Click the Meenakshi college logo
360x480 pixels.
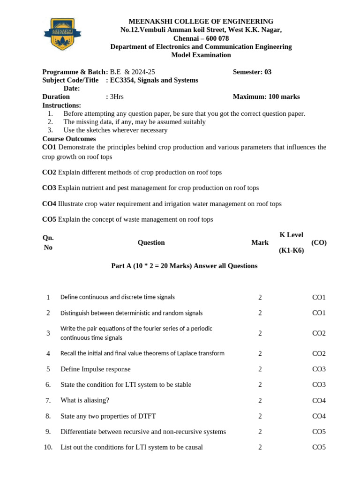click(62, 34)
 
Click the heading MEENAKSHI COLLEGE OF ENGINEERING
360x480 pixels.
click(201, 22)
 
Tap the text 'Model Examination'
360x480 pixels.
click(201, 55)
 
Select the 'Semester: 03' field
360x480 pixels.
click(252, 72)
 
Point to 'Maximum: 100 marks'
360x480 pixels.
click(266, 97)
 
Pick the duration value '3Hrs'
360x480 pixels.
click(117, 97)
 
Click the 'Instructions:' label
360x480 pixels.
click(61, 105)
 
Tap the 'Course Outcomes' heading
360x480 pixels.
click(69, 139)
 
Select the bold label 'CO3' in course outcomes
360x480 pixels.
click(49, 188)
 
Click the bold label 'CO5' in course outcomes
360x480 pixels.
click(49, 219)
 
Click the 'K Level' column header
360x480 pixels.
click(291, 235)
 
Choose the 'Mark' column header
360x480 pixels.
click(260, 242)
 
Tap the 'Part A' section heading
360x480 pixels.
click(184, 266)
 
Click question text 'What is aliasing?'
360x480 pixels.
click(84, 400)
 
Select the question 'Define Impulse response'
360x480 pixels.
click(95, 369)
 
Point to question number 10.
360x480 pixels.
click(48, 447)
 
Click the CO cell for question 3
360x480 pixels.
click(319, 333)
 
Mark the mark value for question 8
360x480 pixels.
click(260, 416)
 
